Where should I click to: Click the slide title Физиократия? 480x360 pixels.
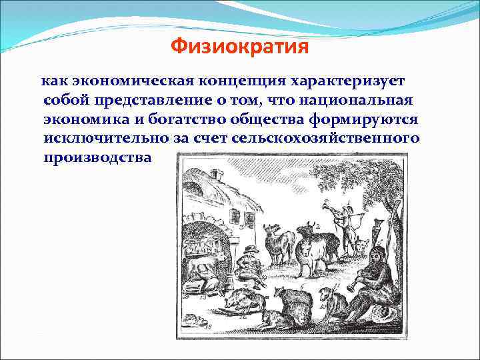pos(239,47)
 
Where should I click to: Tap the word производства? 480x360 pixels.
pos(97,158)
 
